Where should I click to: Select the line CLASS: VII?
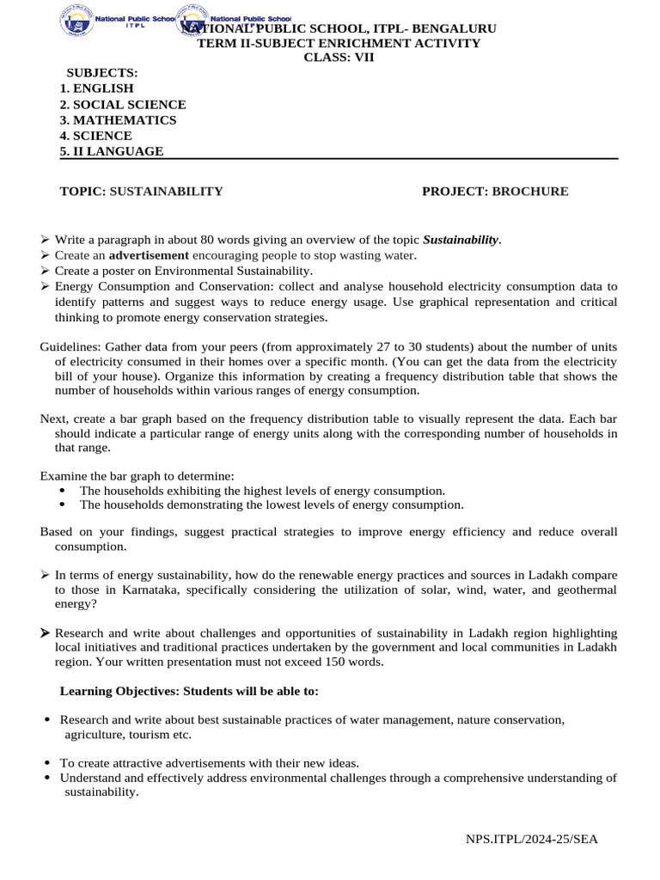tap(339, 58)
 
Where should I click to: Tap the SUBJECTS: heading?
tap(102, 73)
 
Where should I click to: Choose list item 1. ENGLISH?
tap(97, 89)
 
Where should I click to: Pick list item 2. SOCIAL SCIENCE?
tap(123, 105)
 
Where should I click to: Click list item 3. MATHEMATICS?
tap(118, 120)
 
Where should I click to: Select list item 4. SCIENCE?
tap(96, 136)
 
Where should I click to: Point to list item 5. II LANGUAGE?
tap(112, 151)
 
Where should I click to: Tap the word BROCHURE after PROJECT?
tap(529, 192)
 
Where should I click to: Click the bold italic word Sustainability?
tap(461, 240)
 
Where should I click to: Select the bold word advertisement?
tap(149, 255)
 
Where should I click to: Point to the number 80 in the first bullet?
tap(207, 240)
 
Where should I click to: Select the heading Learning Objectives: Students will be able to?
tap(189, 691)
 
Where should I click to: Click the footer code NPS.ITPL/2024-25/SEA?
tap(532, 839)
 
